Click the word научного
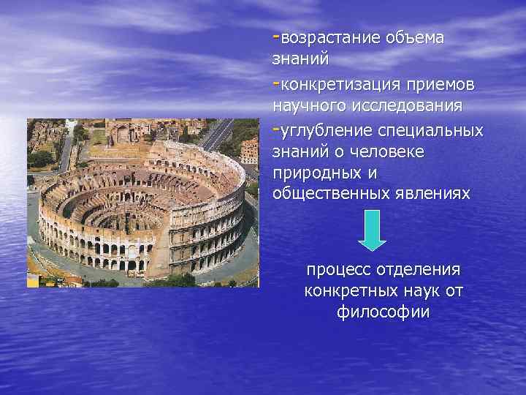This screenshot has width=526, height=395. point(306,107)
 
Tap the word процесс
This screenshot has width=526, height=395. point(338,271)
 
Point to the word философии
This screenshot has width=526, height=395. point(384,312)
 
